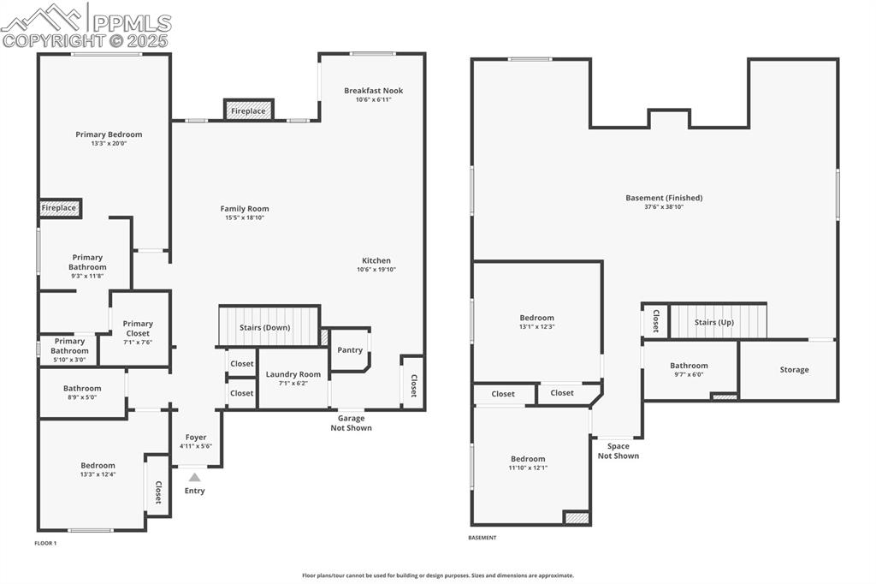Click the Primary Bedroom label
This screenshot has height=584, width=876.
click(x=109, y=134)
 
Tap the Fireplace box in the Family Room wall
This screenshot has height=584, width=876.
click(x=249, y=110)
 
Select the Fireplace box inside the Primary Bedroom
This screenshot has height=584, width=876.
click(x=60, y=208)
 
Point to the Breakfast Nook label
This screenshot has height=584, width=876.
click(x=373, y=91)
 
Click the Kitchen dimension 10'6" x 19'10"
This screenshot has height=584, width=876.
click(x=376, y=270)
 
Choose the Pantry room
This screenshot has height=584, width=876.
click(x=350, y=349)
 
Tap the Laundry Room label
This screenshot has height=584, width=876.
click(x=293, y=374)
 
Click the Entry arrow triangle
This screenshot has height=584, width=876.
click(x=194, y=477)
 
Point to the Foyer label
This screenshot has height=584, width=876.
click(x=194, y=437)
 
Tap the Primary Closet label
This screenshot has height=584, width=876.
click(x=138, y=328)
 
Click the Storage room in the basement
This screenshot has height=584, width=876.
click(x=794, y=370)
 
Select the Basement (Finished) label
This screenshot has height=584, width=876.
click(x=664, y=198)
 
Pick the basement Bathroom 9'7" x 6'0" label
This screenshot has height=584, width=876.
click(x=689, y=366)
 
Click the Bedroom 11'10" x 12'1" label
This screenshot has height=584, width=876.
click(x=528, y=459)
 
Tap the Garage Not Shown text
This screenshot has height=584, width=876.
click(x=351, y=423)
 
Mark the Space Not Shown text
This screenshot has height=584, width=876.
click(x=618, y=450)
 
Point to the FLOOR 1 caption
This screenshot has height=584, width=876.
click(x=45, y=543)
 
